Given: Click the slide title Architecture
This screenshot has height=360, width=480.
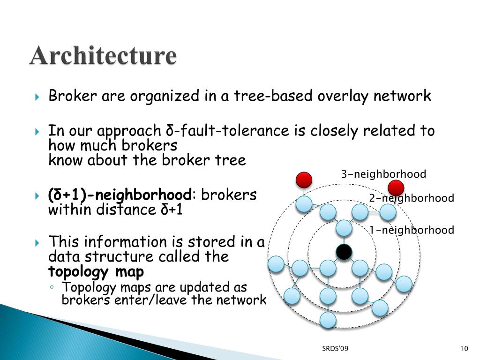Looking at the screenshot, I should (x=104, y=56).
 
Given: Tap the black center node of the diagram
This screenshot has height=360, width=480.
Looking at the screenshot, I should (x=344, y=252).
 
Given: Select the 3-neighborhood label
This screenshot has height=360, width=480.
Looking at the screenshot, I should (x=383, y=175).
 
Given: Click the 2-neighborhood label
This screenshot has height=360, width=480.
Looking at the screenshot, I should (x=412, y=198).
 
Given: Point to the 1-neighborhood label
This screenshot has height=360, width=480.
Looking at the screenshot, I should (x=412, y=230).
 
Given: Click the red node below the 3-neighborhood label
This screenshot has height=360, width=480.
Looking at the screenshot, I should (x=396, y=188).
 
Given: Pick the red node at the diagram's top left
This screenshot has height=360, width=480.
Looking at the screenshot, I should (x=304, y=180).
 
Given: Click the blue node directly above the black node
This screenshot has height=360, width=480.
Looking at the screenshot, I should (x=344, y=228).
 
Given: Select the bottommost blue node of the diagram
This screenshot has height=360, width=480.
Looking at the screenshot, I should (x=328, y=320).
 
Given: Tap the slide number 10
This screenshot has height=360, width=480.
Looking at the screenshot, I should (x=465, y=348).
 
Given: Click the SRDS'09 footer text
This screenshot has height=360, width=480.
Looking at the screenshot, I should (x=335, y=348).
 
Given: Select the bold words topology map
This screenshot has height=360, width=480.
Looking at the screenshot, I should (x=96, y=272).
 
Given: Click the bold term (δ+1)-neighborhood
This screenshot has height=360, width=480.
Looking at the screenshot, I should (x=120, y=195).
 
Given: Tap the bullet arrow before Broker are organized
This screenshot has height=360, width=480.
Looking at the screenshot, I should (x=38, y=97).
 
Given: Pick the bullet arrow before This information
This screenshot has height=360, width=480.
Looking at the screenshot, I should (x=38, y=243).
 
